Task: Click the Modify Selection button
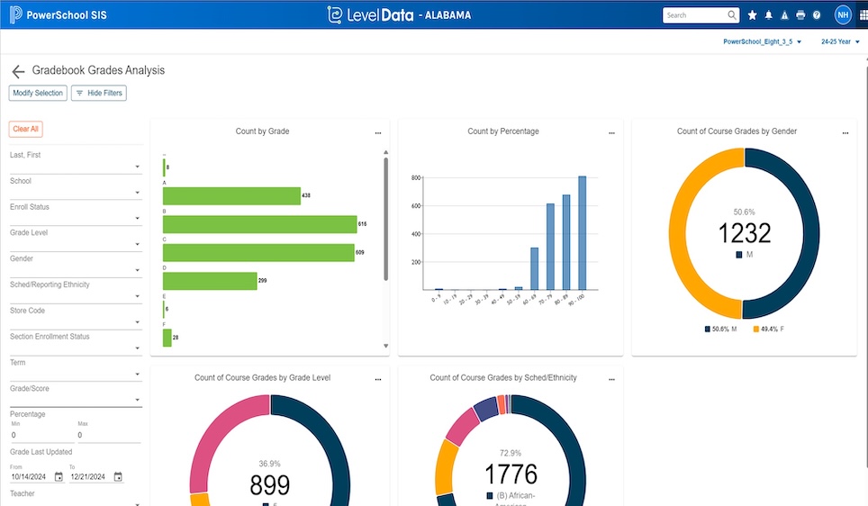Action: [x=38, y=93]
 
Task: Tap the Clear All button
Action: [x=25, y=129]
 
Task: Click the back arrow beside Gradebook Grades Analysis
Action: [x=18, y=71]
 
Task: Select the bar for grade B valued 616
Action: [x=259, y=224]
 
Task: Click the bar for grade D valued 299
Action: [x=210, y=281]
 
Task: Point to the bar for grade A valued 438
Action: [x=231, y=195]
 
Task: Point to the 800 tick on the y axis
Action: [x=417, y=178]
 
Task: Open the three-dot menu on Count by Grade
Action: [x=378, y=132]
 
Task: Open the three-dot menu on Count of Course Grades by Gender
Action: [x=845, y=132]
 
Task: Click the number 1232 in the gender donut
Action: [x=744, y=233]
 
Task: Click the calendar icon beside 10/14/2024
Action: [x=59, y=476]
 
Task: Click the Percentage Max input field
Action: [x=108, y=435]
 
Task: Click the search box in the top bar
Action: [x=697, y=15]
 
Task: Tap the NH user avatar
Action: [x=843, y=14]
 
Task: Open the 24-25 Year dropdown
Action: [x=839, y=42]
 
